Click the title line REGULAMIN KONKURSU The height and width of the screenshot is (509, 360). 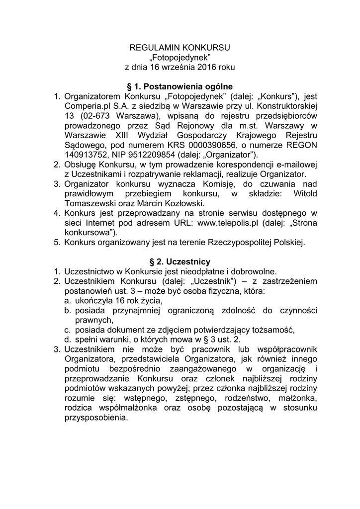point(180,48)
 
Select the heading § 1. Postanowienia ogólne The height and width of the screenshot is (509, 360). point(180,86)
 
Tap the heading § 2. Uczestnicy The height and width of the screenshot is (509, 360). point(180,261)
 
